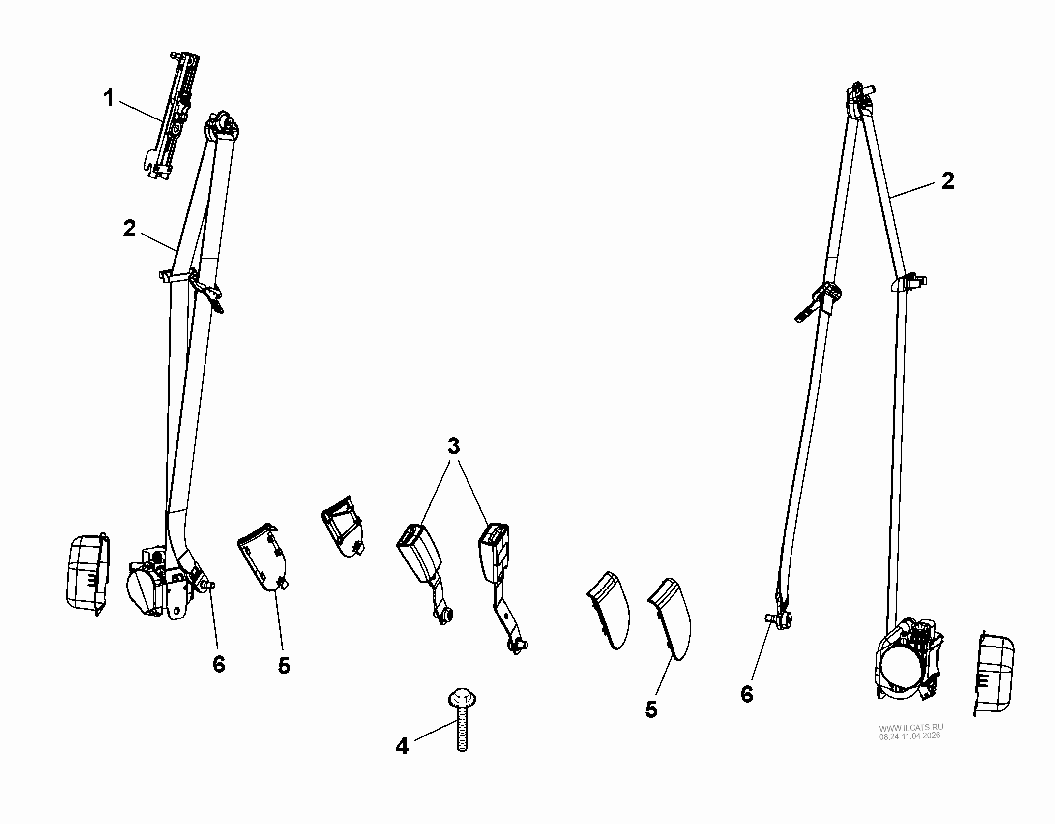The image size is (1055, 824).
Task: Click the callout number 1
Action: point(109,99)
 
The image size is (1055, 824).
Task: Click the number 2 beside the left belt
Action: point(129,229)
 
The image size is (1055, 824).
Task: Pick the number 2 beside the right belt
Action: point(947,181)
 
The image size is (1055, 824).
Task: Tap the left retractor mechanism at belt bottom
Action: point(157,585)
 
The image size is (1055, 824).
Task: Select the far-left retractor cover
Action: point(87,574)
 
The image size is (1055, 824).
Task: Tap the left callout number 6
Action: point(219,665)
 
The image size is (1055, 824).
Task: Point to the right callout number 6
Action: point(747,694)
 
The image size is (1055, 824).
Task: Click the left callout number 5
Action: point(284,666)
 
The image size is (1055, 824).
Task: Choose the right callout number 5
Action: point(651,709)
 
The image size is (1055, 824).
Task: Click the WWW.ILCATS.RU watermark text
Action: point(911,728)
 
